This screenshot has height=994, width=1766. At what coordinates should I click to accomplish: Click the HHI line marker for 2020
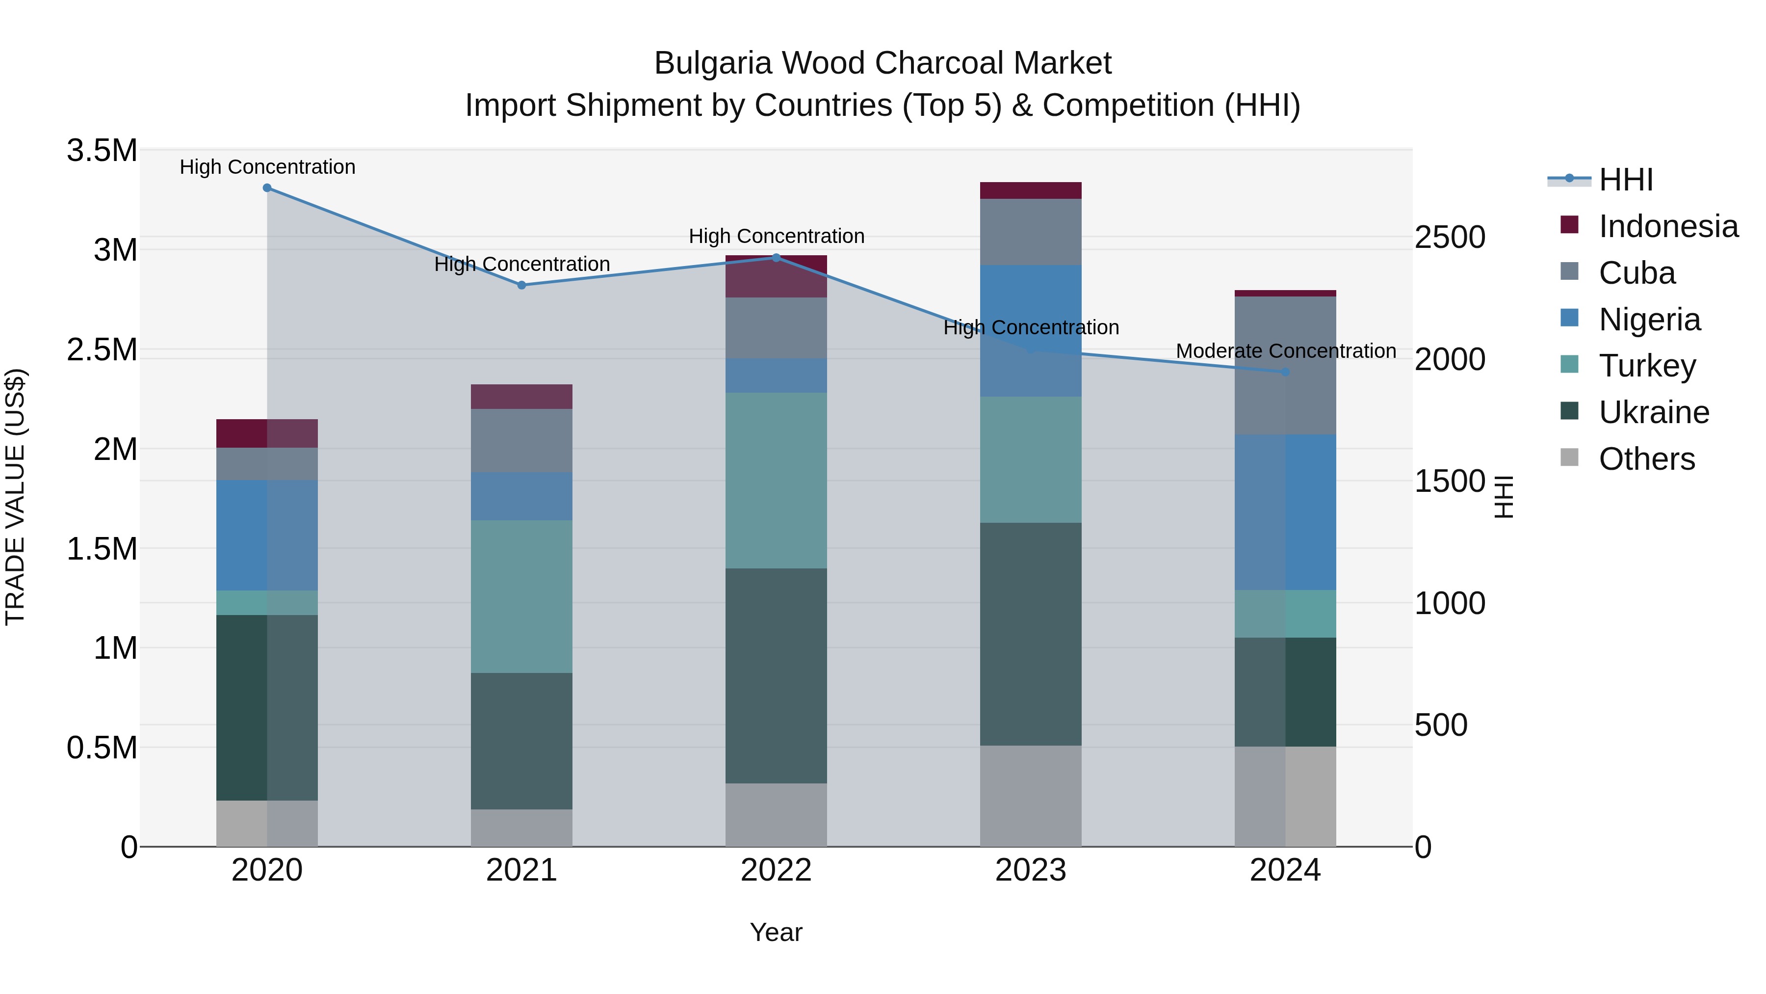point(267,188)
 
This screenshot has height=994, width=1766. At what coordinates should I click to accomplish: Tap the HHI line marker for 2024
point(1285,372)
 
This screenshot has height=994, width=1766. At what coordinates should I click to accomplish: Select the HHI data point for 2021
point(522,285)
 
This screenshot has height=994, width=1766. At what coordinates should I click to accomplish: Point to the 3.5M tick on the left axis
point(102,150)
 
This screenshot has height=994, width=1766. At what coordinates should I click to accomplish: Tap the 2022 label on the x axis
point(776,870)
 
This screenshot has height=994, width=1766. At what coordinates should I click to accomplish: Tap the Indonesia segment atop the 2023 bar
point(1030,190)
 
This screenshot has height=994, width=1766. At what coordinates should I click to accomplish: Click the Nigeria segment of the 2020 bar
point(267,535)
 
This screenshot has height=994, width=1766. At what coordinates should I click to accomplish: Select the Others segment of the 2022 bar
point(776,814)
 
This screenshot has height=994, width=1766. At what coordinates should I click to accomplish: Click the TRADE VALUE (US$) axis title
point(15,497)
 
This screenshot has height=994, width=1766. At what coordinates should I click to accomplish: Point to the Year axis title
point(776,932)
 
